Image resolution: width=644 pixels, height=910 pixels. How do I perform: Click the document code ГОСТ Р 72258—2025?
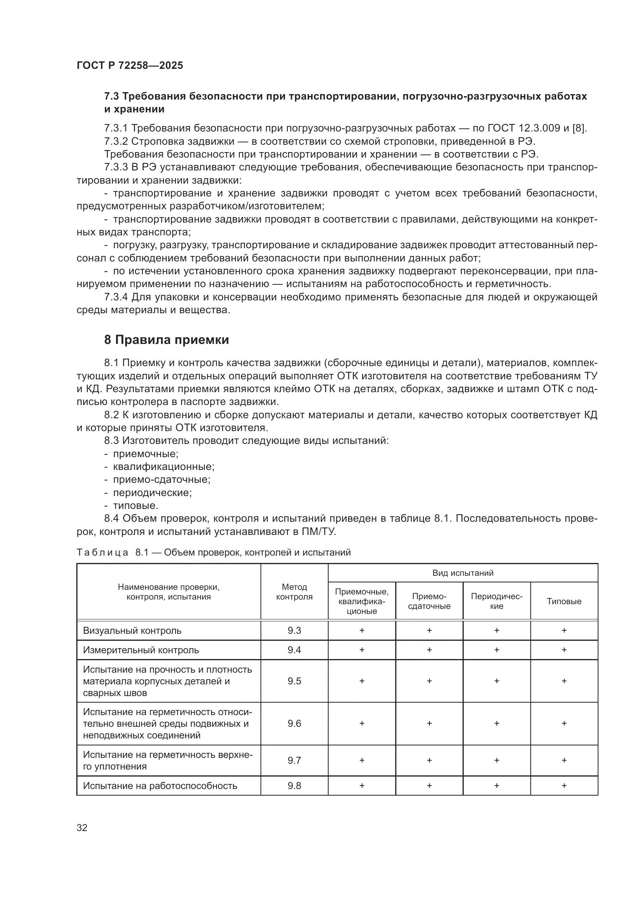(130, 65)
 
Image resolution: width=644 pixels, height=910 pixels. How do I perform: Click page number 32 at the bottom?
(82, 828)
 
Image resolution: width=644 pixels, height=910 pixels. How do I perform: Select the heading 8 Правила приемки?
(167, 340)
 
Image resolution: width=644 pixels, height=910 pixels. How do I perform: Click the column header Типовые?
(563, 601)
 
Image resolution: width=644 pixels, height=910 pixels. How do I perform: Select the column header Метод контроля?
(294, 592)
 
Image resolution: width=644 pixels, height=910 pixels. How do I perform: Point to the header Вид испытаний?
(463, 573)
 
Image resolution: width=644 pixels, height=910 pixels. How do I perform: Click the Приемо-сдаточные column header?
(429, 601)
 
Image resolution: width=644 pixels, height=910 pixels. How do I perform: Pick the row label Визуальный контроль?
(132, 631)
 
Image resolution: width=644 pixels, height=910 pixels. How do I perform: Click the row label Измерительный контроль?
(141, 650)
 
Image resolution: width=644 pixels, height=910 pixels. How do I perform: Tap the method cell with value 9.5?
(294, 681)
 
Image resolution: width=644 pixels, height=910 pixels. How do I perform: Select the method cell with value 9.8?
(294, 786)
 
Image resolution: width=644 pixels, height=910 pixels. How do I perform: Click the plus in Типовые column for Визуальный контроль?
(564, 631)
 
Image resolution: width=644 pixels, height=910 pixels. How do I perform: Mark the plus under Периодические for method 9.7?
(496, 760)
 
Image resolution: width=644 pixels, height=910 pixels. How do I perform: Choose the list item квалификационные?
(164, 466)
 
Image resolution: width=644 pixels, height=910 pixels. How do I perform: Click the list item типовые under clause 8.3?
(135, 506)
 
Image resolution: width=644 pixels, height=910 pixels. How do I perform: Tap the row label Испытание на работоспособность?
(160, 786)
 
